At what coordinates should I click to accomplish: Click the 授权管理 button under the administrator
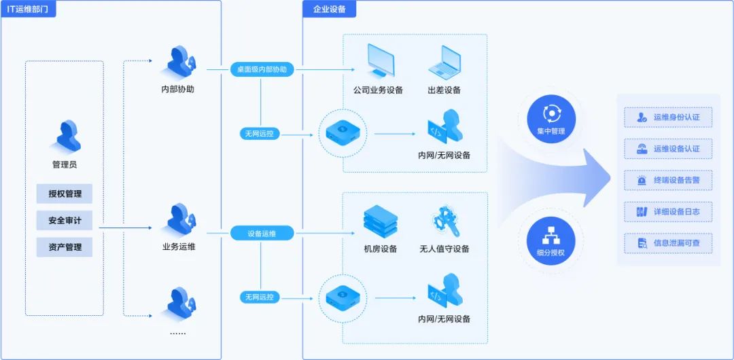coord(65,194)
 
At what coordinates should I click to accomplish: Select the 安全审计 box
coord(65,220)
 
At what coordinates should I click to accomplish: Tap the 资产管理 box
coord(65,247)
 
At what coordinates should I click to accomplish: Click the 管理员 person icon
coord(65,137)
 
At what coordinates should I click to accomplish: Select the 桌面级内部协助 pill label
coord(262,69)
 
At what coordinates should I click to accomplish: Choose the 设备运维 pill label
coord(262,234)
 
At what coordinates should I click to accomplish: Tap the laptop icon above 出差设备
coord(444,62)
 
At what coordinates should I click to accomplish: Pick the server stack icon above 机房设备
coord(381,221)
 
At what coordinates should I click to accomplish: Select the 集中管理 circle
coord(550,119)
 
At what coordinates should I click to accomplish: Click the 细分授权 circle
coord(550,241)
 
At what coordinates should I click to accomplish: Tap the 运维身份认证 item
coord(668,117)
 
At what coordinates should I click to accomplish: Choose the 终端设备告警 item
coord(668,180)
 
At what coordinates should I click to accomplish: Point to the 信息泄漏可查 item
coord(668,242)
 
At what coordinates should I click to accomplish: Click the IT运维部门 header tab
coord(29,9)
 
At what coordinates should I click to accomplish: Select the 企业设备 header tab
coord(330,9)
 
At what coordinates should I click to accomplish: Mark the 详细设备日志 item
coord(668,211)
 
